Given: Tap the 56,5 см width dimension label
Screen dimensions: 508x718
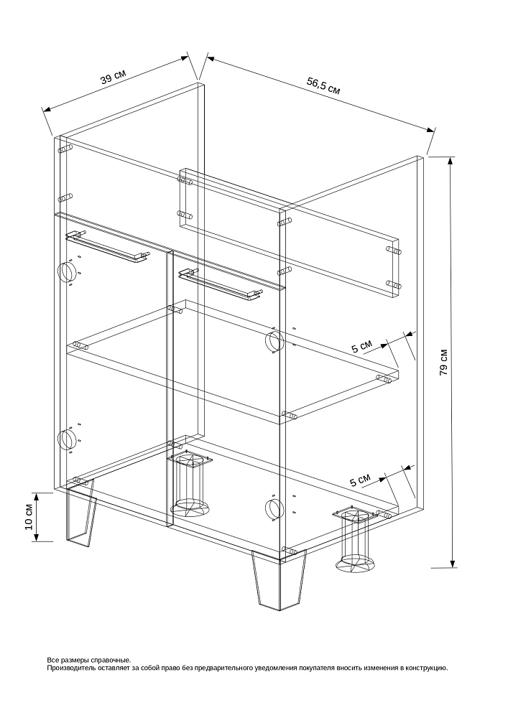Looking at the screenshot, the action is click(323, 85).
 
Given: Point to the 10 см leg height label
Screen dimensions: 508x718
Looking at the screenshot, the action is click(29, 517).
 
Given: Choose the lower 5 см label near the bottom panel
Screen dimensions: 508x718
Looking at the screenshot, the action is click(360, 480).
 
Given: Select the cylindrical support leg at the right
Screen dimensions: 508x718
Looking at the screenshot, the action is click(356, 541).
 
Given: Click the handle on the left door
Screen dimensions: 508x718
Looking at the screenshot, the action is click(108, 248).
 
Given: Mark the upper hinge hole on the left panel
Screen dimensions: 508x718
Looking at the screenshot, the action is click(65, 271).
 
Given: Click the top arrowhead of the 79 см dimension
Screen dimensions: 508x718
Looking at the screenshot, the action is click(452, 161).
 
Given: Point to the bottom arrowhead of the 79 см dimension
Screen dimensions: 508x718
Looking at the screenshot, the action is click(453, 563).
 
